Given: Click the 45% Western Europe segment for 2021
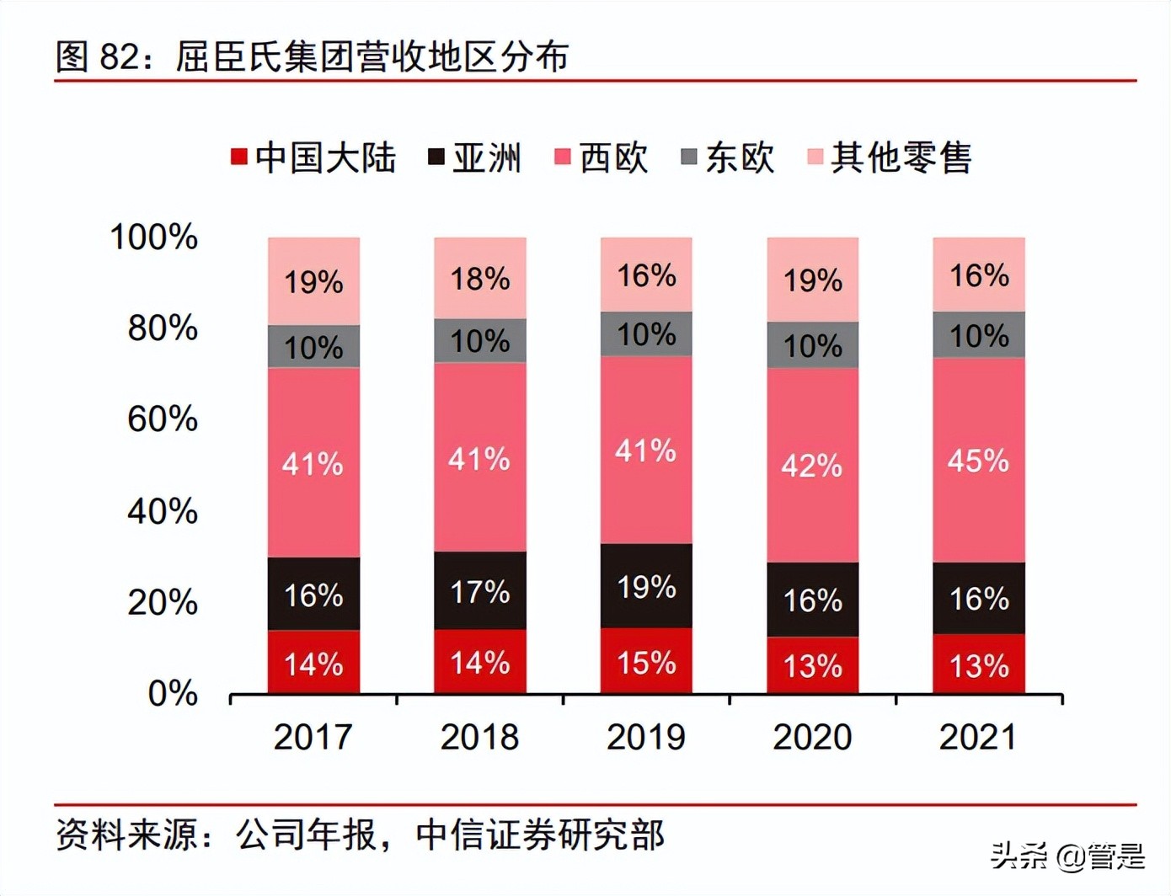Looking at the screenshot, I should (x=979, y=461).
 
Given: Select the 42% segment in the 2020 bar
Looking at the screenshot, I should (x=812, y=465).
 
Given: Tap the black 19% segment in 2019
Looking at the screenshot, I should (x=646, y=586).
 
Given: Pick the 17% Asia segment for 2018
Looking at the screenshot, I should (x=480, y=591).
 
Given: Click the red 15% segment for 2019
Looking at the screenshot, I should (x=646, y=662).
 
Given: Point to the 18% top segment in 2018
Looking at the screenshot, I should (x=480, y=279).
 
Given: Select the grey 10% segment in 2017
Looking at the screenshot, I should (x=313, y=347).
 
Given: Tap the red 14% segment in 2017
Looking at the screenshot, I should (x=313, y=664).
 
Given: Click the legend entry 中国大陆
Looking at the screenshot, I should (x=313, y=157).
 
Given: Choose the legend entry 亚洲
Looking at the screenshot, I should (x=476, y=157).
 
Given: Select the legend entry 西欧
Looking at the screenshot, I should (x=602, y=157).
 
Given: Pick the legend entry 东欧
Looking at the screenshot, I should (x=728, y=157).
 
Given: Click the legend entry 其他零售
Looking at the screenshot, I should (x=890, y=157).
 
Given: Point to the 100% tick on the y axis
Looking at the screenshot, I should (x=154, y=237).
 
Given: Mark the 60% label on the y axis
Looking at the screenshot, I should (x=163, y=419).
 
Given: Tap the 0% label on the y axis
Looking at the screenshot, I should (x=173, y=693).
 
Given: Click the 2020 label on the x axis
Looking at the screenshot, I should (x=812, y=737).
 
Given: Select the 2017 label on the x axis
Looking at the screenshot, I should (x=313, y=737).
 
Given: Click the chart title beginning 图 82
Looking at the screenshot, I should (x=312, y=56).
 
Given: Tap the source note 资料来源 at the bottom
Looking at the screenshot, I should (x=361, y=835).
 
